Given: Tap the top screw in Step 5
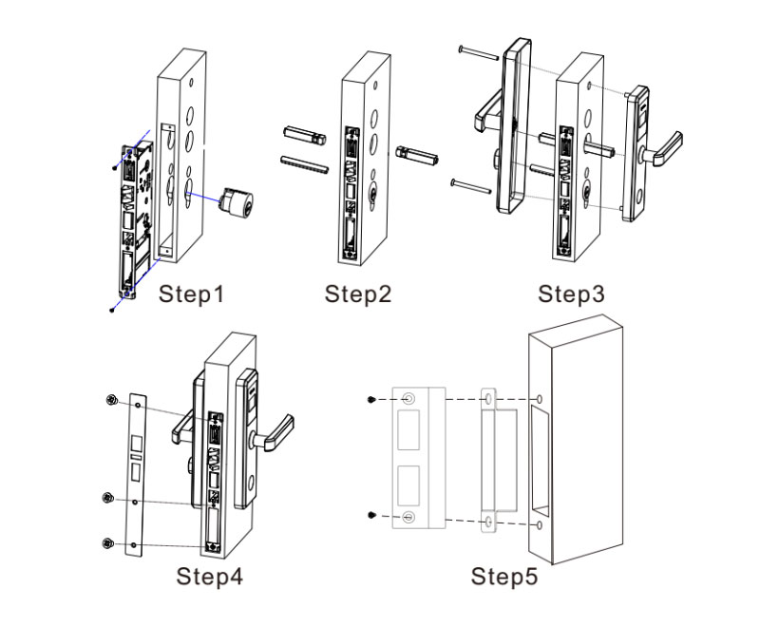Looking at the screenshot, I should (371, 399).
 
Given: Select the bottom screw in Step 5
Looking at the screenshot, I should (371, 515).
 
